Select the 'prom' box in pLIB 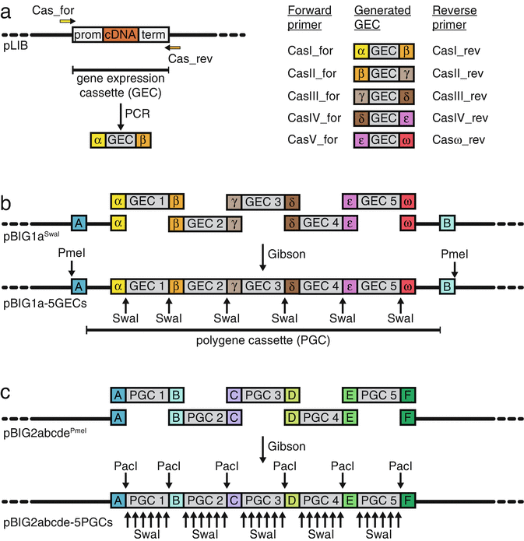pos(88,34)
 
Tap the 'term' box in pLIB pos(153,34)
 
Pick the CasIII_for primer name pos(310,99)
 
